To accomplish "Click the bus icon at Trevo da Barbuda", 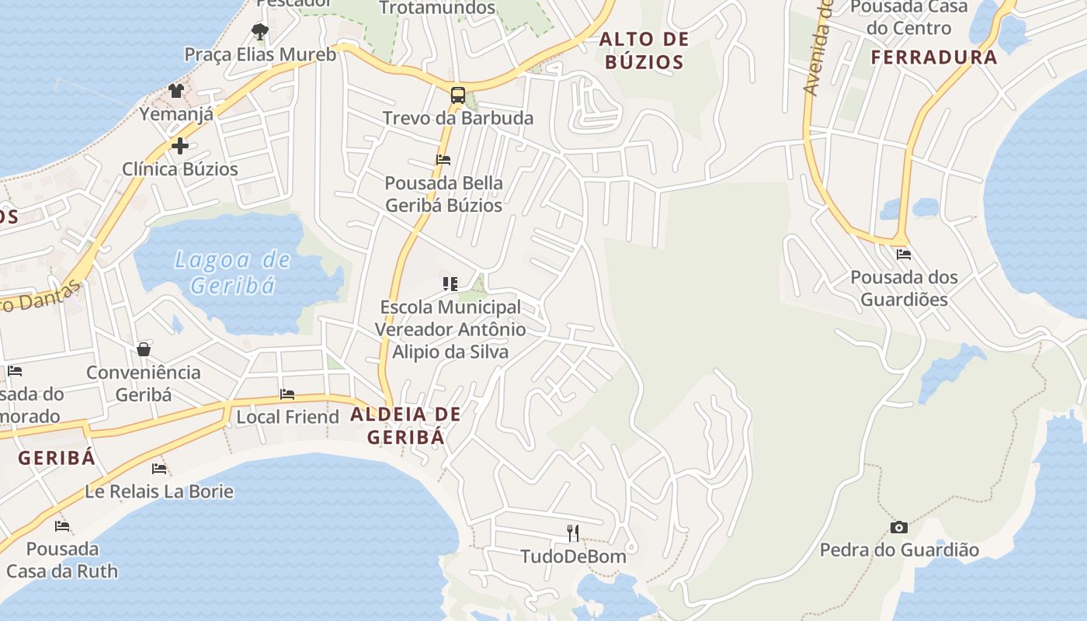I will coord(458,95).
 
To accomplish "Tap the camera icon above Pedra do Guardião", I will coord(899,528).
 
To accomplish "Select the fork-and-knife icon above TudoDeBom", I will coord(573,533).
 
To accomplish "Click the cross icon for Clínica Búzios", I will coord(180,146).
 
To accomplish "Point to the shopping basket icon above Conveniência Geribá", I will coord(144,349).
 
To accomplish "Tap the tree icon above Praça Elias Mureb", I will coord(260,32).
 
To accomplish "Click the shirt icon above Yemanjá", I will coord(176,91).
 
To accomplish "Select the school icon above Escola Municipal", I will coord(450,284).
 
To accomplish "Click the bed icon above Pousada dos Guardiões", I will coord(904,255).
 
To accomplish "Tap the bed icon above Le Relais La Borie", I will coord(159,469).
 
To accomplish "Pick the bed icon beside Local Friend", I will coord(287,394).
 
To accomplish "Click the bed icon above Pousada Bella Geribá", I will coord(443,160).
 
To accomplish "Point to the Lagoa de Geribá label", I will coord(232,272).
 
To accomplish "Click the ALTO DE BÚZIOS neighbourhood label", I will coord(644,50).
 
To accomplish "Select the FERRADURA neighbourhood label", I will coord(933,57).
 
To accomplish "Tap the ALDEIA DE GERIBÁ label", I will coord(406,425).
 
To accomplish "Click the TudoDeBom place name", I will coord(573,556).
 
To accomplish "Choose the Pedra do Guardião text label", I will coord(899,550).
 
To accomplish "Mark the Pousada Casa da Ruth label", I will coord(62,560).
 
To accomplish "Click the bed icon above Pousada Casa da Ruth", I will coord(62,526).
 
